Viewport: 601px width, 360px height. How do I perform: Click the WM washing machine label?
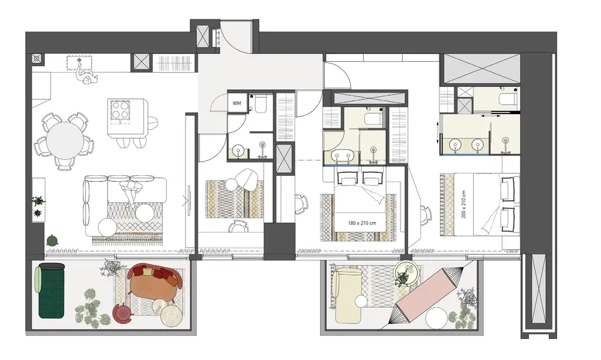tap(237, 103)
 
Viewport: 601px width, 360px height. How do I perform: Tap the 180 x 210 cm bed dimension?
tap(362, 223)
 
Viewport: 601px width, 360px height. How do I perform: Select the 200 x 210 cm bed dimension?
tap(464, 205)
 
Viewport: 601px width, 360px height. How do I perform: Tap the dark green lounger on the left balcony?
tap(52, 291)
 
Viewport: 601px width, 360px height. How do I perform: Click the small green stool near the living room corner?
tap(52, 241)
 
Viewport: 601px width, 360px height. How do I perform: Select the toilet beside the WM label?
tap(260, 104)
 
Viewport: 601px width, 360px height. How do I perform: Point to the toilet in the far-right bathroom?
tap(508, 98)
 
